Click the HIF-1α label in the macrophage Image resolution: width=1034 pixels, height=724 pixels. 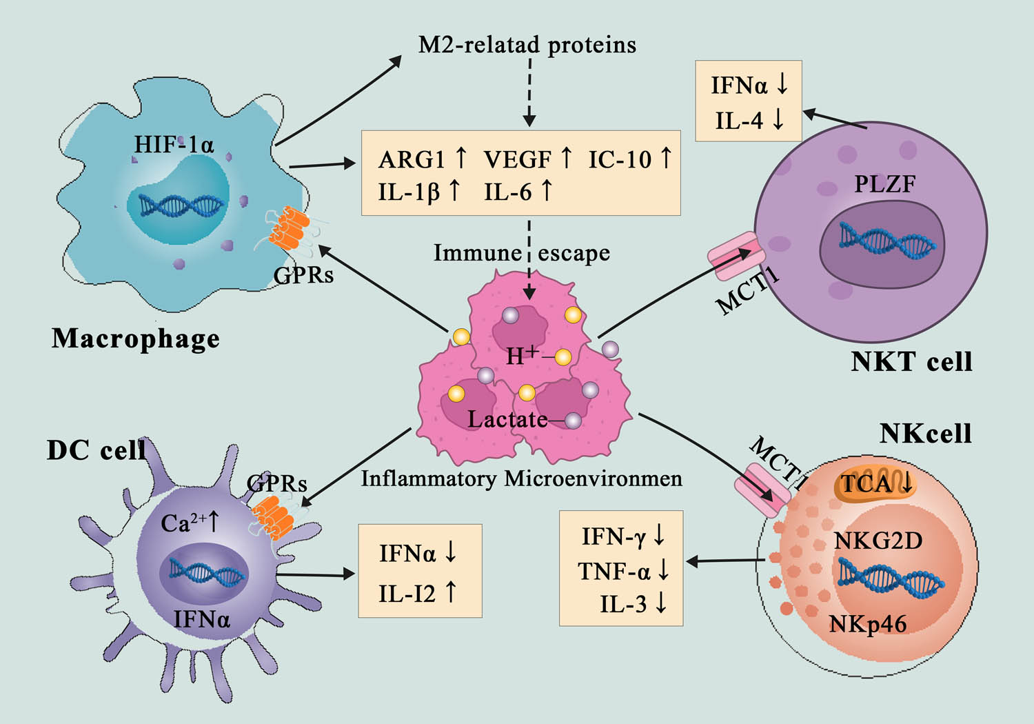174,145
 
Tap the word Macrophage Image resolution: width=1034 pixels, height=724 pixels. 136,339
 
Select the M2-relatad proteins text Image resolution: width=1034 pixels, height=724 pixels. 527,45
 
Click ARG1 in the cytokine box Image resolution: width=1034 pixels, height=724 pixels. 412,159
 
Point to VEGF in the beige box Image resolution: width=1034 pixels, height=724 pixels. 518,159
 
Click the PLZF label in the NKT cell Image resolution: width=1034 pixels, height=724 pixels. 884,184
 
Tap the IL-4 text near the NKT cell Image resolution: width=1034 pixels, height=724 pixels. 739,121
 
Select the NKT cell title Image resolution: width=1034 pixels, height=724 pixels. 911,361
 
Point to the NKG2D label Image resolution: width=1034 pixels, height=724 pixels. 878,541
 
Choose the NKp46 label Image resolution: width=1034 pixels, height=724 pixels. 867,624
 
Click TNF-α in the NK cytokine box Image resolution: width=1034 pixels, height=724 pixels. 614,572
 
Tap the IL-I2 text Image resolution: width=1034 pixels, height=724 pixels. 407,593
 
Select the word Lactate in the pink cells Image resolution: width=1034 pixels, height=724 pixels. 507,419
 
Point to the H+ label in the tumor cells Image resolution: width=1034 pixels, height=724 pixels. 522,356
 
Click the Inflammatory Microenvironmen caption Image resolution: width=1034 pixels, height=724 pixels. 521,479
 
